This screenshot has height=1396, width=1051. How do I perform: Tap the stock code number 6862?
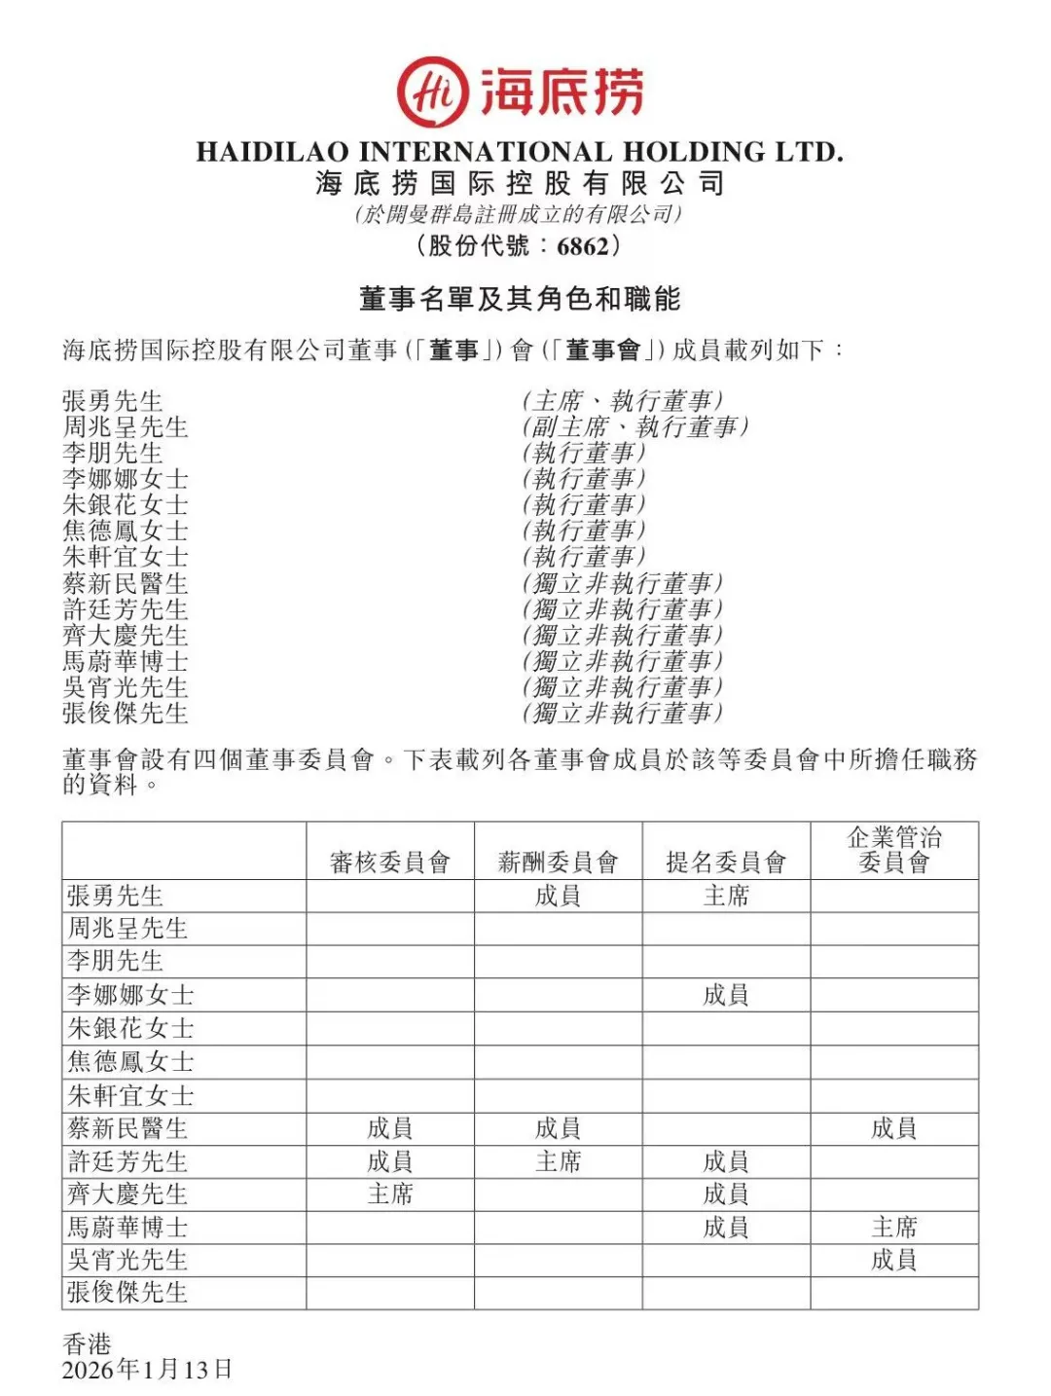[x=583, y=246]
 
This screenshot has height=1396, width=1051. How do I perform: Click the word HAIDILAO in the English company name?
[x=272, y=152]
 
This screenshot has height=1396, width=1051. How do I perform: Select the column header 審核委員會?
[x=389, y=863]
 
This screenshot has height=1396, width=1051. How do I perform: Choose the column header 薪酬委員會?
[x=558, y=863]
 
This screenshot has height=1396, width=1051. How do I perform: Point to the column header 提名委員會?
[x=726, y=863]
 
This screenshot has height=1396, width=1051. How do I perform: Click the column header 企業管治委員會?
[x=894, y=850]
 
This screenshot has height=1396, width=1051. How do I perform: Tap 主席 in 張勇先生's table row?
[x=726, y=896]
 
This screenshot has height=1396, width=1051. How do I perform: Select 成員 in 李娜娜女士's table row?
[x=726, y=995]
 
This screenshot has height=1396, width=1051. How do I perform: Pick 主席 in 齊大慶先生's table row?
[x=389, y=1194]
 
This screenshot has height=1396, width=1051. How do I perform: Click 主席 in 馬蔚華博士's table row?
[x=894, y=1228]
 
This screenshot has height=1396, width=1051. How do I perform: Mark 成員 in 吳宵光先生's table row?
[x=894, y=1261]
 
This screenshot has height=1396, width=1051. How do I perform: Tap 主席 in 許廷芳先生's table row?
[x=558, y=1161]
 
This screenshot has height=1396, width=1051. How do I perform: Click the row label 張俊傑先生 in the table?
[x=127, y=1293]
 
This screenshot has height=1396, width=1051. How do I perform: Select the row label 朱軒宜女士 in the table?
[x=130, y=1096]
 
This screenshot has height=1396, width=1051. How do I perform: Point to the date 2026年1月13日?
[x=147, y=1371]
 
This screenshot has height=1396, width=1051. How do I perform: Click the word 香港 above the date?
[x=87, y=1344]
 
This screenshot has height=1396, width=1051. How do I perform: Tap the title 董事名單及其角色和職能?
[x=520, y=299]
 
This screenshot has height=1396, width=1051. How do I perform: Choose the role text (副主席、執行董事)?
[x=635, y=426]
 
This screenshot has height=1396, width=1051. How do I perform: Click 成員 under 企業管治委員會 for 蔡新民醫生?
[x=894, y=1128]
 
